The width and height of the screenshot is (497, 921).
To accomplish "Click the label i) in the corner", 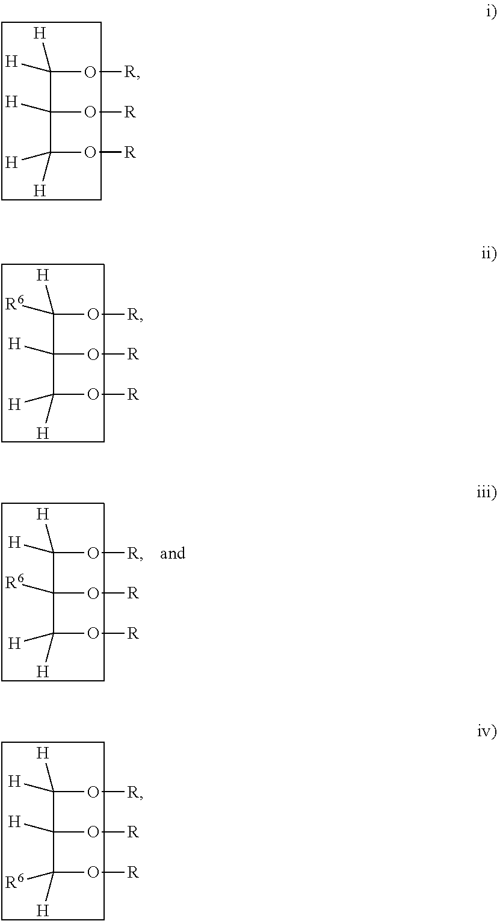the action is tap(491, 12).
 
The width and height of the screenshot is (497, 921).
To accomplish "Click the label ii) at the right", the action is tap(489, 253).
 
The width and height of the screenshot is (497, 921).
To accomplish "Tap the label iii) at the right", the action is tap(487, 492).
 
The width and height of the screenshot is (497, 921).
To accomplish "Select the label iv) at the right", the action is tap(487, 731).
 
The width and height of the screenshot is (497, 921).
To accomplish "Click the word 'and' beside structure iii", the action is tap(173, 553).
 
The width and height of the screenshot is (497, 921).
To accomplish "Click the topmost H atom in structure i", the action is tap(40, 33).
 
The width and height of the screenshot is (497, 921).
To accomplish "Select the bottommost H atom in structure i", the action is tap(40, 190).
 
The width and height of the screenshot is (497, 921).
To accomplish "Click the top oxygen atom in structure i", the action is tap(90, 72).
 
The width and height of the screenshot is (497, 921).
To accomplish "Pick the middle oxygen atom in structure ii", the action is tap(93, 355).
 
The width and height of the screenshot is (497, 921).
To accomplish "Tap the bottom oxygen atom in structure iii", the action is tap(93, 633).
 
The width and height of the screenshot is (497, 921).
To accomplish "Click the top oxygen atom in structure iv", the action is tap(93, 792).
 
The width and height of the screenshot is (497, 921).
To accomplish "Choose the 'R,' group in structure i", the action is tap(132, 72).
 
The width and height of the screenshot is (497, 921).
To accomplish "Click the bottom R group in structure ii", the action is tap(133, 394).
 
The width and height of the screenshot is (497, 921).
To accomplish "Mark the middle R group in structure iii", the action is tap(133, 593).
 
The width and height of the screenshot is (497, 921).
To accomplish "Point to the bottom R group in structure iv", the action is tap(133, 872).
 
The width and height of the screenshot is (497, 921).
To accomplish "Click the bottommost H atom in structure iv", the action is tap(43, 910).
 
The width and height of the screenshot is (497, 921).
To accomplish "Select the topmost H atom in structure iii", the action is tap(43, 513).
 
